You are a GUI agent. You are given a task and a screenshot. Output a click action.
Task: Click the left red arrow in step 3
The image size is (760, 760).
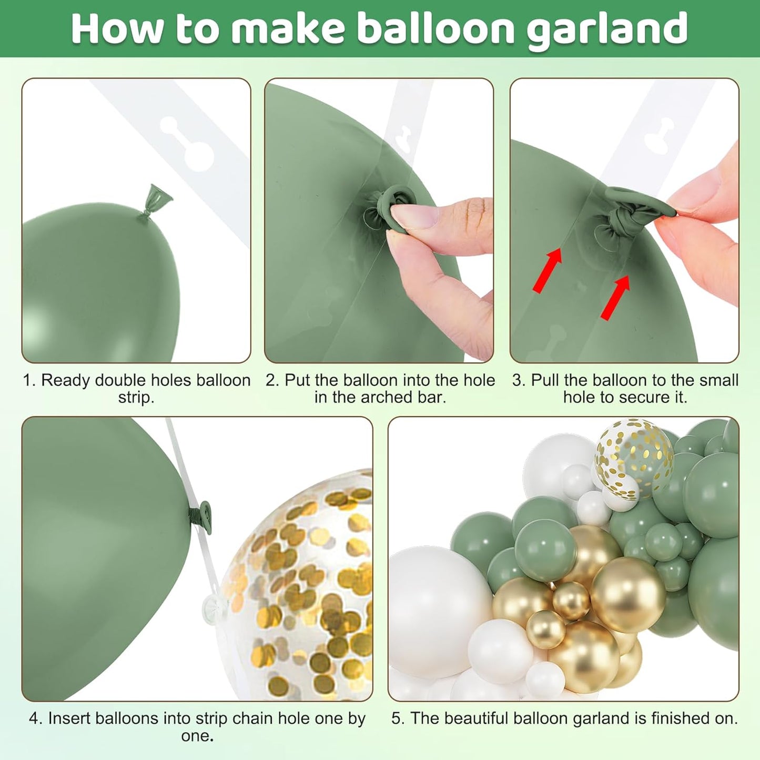[547, 270]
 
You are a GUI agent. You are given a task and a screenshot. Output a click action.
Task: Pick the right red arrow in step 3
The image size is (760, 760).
[615, 297]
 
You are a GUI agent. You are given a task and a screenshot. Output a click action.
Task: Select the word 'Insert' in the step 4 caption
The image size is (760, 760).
[69, 718]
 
